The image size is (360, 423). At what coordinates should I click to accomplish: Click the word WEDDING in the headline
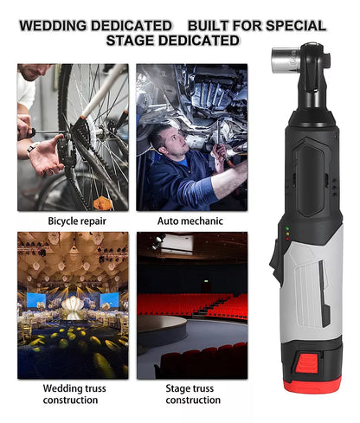tap(54, 26)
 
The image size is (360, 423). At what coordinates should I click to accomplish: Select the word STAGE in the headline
tap(130, 41)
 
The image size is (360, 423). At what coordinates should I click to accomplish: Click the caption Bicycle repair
tap(77, 221)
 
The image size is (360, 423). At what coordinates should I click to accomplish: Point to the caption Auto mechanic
tap(190, 221)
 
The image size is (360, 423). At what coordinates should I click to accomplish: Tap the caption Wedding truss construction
tap(74, 394)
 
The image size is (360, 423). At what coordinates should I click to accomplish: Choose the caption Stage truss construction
tap(193, 394)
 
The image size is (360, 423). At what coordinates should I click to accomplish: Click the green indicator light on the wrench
tap(287, 228)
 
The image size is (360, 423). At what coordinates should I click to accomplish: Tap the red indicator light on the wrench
tap(287, 239)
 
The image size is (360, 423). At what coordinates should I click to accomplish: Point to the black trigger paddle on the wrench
tap(275, 262)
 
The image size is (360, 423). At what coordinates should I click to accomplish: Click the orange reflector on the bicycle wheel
tap(102, 202)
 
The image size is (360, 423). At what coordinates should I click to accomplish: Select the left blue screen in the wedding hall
tap(36, 300)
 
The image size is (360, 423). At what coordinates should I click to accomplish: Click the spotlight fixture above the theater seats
tap(159, 241)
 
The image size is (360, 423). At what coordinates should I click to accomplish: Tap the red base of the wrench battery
tap(312, 384)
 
